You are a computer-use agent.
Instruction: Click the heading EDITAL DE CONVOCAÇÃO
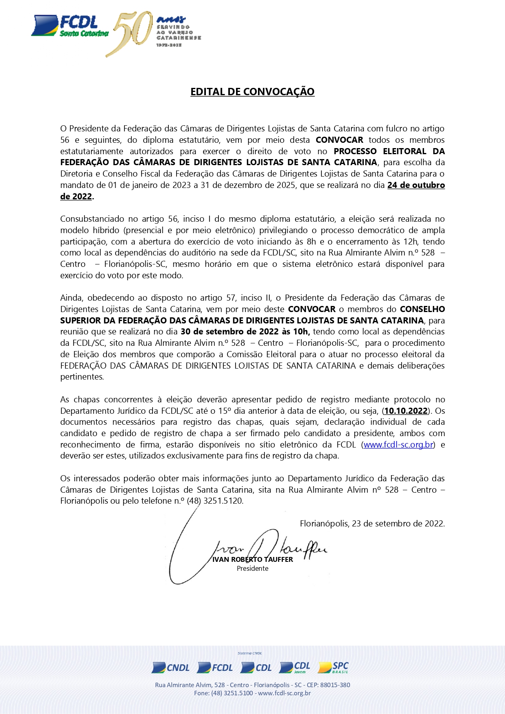(252, 92)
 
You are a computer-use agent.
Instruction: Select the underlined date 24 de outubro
(416, 185)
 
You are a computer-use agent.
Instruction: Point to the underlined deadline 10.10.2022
(406, 411)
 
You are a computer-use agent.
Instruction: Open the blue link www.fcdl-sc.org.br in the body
(398, 445)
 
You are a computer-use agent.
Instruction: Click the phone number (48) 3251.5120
(214, 501)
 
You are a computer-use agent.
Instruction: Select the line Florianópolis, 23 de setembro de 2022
(372, 524)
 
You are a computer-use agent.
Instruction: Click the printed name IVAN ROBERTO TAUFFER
(252, 559)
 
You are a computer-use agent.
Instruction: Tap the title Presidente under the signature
(252, 568)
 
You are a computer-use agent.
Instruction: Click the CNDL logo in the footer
(171, 668)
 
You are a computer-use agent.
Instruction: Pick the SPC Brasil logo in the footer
(333, 667)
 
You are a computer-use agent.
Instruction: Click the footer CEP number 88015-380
(335, 685)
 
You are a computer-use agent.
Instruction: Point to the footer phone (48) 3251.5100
(232, 693)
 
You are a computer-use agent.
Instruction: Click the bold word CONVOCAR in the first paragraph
(339, 140)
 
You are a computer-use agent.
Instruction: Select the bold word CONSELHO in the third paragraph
(422, 309)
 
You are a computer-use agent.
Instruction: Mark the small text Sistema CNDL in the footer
(249, 653)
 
